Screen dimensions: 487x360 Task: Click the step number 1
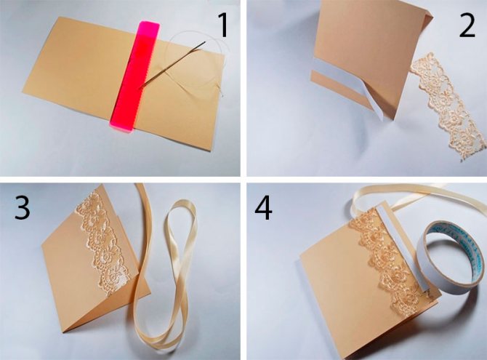point(223,27)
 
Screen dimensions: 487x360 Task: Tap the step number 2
point(467,27)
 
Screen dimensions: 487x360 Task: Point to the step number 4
point(263,208)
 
